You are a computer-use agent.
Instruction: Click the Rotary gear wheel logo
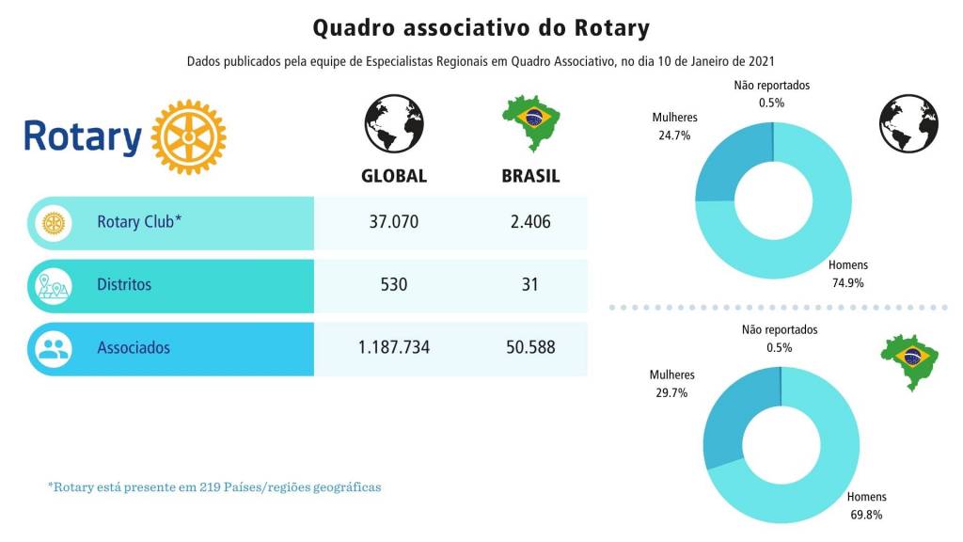(188, 136)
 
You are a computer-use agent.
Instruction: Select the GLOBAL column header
(394, 176)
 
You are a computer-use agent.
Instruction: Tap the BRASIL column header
(530, 176)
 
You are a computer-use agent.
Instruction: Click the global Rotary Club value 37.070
(394, 223)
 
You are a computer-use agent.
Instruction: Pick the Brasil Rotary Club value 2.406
(530, 223)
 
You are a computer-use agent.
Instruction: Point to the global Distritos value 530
(394, 284)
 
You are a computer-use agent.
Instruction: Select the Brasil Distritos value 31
(530, 284)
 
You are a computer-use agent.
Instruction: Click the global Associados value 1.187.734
(394, 347)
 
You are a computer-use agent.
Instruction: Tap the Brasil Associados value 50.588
(530, 347)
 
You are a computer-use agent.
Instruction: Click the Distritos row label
(124, 284)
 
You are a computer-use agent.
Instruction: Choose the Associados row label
(134, 347)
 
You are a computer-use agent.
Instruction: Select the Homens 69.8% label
(866, 506)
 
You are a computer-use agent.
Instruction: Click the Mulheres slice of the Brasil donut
(724, 423)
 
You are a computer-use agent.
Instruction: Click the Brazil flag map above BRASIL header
(531, 122)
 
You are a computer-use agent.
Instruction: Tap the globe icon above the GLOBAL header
(394, 123)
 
